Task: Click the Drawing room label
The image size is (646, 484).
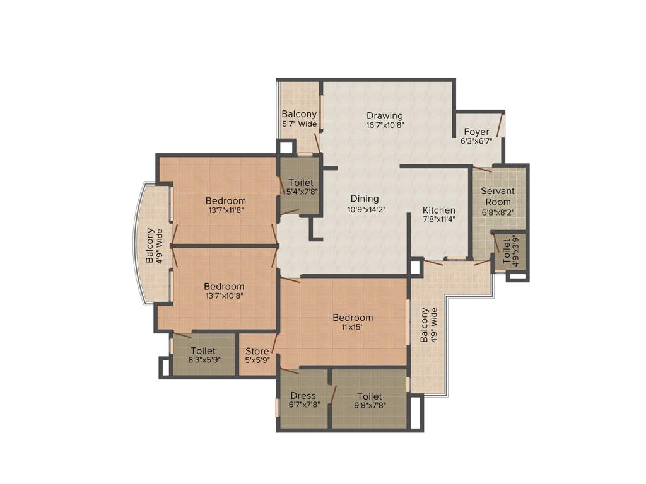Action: tap(385, 115)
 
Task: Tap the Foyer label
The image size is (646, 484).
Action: tap(476, 132)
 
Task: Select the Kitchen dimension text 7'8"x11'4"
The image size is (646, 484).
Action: tap(439, 219)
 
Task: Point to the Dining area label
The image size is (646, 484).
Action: tap(365, 199)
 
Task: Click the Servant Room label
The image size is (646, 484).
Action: tap(498, 196)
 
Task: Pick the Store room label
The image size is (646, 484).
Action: tap(257, 351)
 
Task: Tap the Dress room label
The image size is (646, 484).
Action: tap(303, 396)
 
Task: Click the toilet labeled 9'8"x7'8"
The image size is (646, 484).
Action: tap(369, 400)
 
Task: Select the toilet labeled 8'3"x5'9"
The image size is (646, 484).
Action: tap(203, 355)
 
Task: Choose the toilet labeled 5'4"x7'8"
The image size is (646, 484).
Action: tap(300, 187)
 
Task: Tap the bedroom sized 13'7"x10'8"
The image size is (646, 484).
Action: tap(224, 290)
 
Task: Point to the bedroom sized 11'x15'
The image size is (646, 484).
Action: tap(353, 322)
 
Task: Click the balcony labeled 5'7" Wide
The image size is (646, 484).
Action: tap(299, 118)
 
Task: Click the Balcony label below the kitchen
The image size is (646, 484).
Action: tap(425, 325)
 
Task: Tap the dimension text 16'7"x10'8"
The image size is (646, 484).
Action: tap(385, 125)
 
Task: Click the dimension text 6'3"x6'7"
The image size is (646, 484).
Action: tap(476, 141)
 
